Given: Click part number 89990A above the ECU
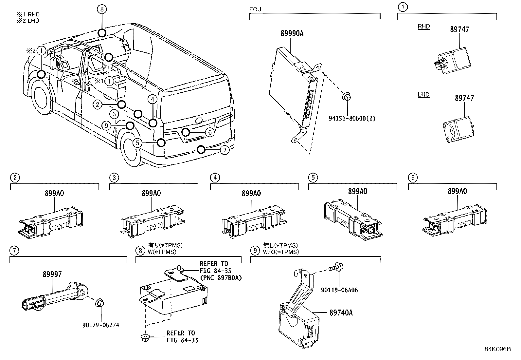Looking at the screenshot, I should [x=292, y=33].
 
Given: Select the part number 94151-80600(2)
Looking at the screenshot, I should [x=352, y=118].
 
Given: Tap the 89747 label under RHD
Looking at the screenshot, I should [x=459, y=29].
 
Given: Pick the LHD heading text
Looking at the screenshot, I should [x=423, y=95].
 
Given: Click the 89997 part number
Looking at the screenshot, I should [x=52, y=275].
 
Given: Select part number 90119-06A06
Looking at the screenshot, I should [x=339, y=290].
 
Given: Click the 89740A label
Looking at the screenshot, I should [x=341, y=313].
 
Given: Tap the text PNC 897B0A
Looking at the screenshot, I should [x=221, y=278].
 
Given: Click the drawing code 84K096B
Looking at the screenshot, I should [x=497, y=349].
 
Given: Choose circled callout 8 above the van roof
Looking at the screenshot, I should [x=102, y=9].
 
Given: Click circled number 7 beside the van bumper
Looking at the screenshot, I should [x=225, y=150].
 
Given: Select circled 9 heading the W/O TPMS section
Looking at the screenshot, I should [x=255, y=251].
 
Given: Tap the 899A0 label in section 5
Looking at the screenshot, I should [x=357, y=191].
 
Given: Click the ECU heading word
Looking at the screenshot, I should [x=255, y=9].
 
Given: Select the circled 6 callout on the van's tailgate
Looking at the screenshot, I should [x=210, y=132].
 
